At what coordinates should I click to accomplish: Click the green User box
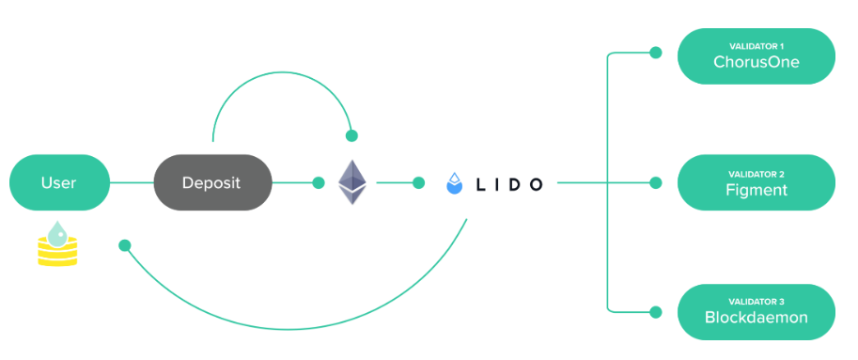[59, 182]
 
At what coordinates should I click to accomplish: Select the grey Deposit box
[211, 182]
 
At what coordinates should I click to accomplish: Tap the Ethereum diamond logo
[352, 182]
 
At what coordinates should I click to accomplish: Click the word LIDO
[508, 183]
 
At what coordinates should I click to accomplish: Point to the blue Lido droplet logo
[455, 182]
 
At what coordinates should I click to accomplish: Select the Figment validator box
[756, 182]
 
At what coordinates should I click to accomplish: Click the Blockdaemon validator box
[756, 310]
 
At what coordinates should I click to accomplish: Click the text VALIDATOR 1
[756, 46]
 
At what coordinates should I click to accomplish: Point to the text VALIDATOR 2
[756, 174]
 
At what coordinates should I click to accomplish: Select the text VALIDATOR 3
[756, 302]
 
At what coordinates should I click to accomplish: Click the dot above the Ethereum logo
[351, 135]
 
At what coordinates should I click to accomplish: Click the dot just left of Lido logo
[417, 182]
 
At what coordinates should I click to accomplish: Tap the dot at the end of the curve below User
[124, 245]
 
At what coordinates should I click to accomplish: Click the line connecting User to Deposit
[132, 182]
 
